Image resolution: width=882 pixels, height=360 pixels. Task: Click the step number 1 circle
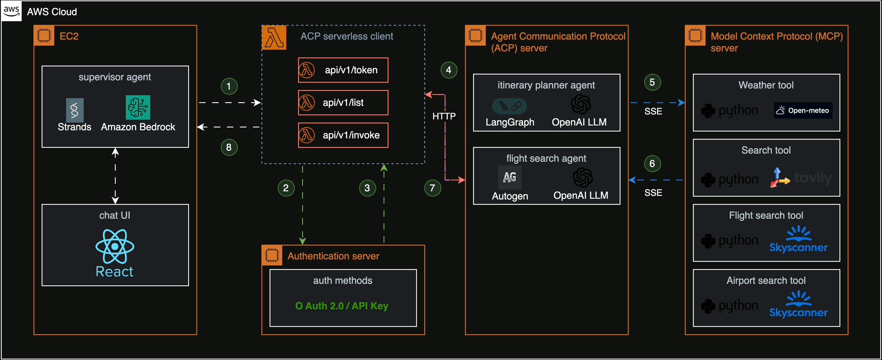coord(229,86)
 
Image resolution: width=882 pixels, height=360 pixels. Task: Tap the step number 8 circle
coord(229,147)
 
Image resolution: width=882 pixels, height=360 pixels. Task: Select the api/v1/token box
coord(343,70)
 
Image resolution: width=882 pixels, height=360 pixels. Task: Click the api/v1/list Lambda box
coord(343,103)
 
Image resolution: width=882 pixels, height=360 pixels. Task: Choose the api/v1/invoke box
coord(343,135)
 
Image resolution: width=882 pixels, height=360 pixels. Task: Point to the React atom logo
coord(115,246)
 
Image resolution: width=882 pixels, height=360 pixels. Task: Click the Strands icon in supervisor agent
coord(75,109)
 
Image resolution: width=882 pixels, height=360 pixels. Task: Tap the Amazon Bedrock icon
coord(138,108)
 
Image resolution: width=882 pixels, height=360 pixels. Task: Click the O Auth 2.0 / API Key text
coord(341,306)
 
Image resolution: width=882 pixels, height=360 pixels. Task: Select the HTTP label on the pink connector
coord(444,116)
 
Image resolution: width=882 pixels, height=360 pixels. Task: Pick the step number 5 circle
coord(652,82)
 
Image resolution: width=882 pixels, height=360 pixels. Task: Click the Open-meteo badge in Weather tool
coord(803,110)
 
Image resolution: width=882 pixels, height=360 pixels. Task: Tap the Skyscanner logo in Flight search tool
coord(798,240)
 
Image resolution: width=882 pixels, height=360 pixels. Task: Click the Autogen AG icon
coord(510,177)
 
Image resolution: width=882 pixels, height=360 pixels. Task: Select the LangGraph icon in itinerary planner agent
coord(509,106)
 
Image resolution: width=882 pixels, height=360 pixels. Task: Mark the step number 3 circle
coord(367,188)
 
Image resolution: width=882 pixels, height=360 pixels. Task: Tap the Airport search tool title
coord(766,281)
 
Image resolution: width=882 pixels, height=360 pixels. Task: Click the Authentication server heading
coord(333,256)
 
